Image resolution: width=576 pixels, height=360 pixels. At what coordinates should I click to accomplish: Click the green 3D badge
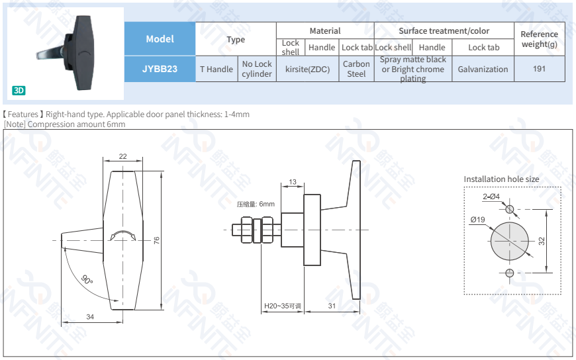pos(19,91)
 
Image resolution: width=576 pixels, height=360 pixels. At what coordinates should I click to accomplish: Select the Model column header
pos(160,39)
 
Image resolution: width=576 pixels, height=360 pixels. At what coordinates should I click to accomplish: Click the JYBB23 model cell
pos(160,69)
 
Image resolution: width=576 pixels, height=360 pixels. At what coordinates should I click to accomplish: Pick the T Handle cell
pos(216,69)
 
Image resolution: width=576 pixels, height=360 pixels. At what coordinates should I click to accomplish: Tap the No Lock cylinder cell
pos(256,69)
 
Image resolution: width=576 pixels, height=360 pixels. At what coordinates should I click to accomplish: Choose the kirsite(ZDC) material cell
pos(307,69)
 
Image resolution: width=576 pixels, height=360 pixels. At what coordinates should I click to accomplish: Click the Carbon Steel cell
pos(356,69)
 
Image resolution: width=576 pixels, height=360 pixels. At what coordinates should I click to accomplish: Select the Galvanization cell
pos(483,69)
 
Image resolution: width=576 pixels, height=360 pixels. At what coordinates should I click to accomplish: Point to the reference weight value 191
pos(539,69)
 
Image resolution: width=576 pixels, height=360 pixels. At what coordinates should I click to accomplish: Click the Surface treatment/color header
pos(444,31)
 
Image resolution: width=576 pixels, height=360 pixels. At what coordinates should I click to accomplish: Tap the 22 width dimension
pos(123,156)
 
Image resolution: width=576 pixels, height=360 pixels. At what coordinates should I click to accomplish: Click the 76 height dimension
pos(157,241)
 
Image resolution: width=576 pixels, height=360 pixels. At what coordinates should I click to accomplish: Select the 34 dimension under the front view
pos(90,317)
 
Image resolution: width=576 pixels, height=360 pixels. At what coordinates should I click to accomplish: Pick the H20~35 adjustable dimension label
pos(282,306)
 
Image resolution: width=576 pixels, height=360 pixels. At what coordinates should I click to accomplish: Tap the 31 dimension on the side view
pos(332,306)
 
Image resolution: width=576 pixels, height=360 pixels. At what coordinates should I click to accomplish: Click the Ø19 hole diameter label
pos(477,220)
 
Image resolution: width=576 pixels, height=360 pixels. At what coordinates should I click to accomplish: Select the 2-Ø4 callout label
pos(491,197)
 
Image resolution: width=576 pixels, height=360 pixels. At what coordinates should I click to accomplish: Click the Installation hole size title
pos(501,179)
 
